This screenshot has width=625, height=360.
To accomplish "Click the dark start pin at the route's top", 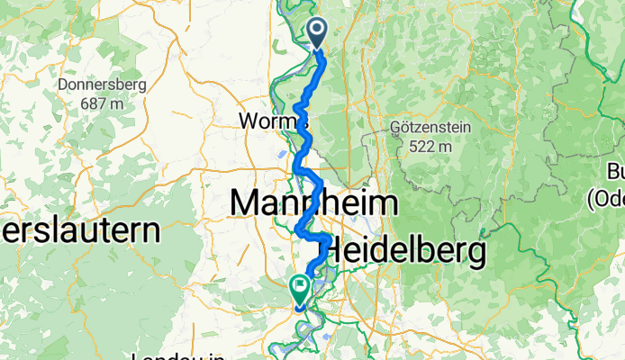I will (318, 33).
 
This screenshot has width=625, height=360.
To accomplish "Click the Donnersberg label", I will (101, 86).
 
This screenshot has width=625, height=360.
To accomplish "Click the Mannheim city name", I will (313, 202).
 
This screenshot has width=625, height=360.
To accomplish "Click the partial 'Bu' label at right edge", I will (616, 172).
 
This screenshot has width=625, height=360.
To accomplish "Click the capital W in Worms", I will (247, 120).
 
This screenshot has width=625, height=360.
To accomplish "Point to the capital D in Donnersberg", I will (61, 86).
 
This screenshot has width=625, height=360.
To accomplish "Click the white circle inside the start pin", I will (318, 30).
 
